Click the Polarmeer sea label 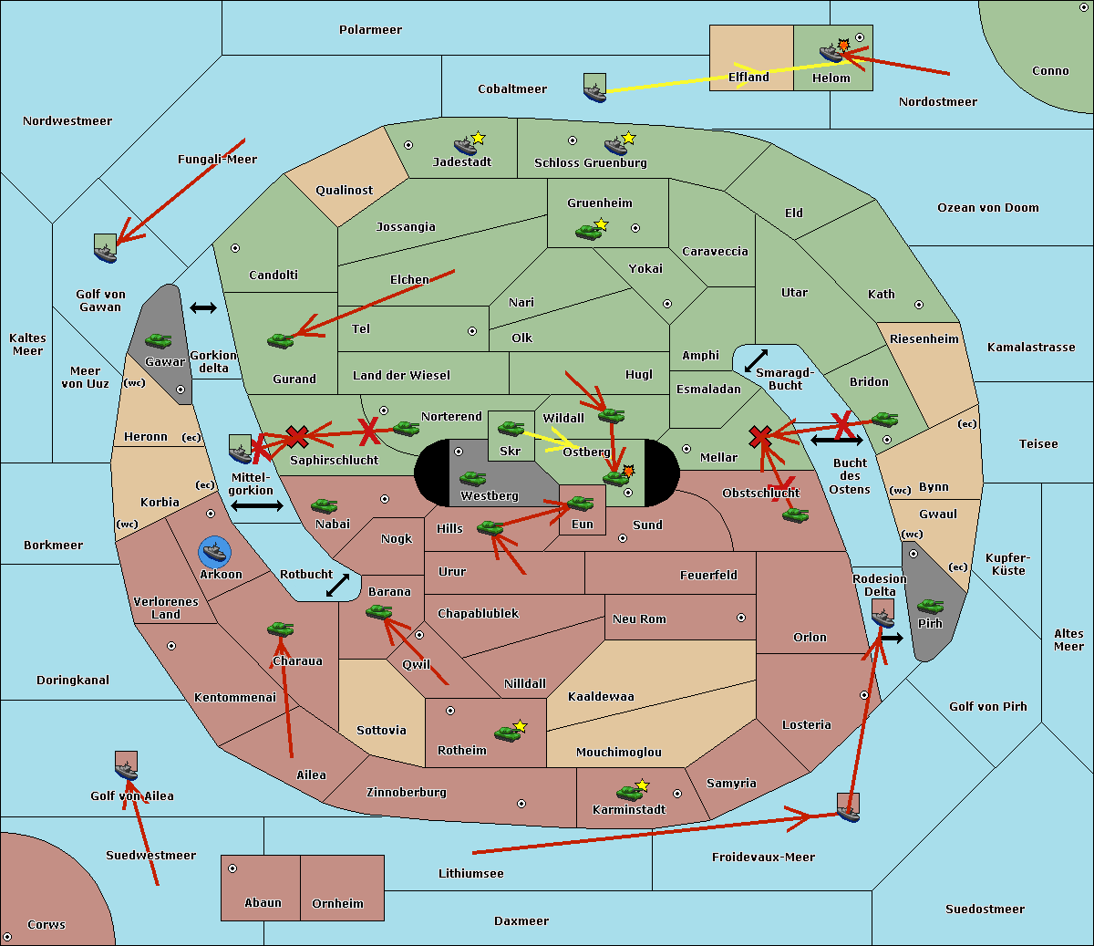(370, 30)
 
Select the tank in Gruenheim (588, 232)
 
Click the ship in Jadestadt (466, 145)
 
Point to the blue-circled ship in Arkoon (215, 551)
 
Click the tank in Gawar (158, 341)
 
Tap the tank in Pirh (930, 606)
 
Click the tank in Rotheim (507, 733)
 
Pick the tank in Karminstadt (629, 792)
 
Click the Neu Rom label (639, 619)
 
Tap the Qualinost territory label (344, 191)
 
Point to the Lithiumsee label (470, 873)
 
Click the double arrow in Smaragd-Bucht (757, 361)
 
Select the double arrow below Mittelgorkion (256, 505)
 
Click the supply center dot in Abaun (232, 868)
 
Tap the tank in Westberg (472, 478)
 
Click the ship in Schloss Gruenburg (616, 146)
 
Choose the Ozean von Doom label (987, 208)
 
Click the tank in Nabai (324, 505)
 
